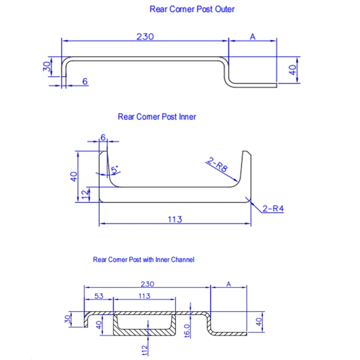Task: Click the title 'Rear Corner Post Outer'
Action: [x=192, y=9]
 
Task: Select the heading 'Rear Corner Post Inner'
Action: [x=157, y=116]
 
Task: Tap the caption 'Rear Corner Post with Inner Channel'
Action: [x=144, y=260]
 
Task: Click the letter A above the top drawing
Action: [x=252, y=36]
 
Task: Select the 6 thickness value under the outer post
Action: [x=85, y=82]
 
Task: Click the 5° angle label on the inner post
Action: [x=115, y=170]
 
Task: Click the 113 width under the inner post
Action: [x=175, y=219]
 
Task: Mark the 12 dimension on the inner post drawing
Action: [x=85, y=194]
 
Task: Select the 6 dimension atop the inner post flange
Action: [x=103, y=137]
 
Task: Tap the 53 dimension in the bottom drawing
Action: [x=98, y=296]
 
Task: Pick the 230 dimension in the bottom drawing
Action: [x=147, y=284]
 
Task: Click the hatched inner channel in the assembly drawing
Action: [x=144, y=332]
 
